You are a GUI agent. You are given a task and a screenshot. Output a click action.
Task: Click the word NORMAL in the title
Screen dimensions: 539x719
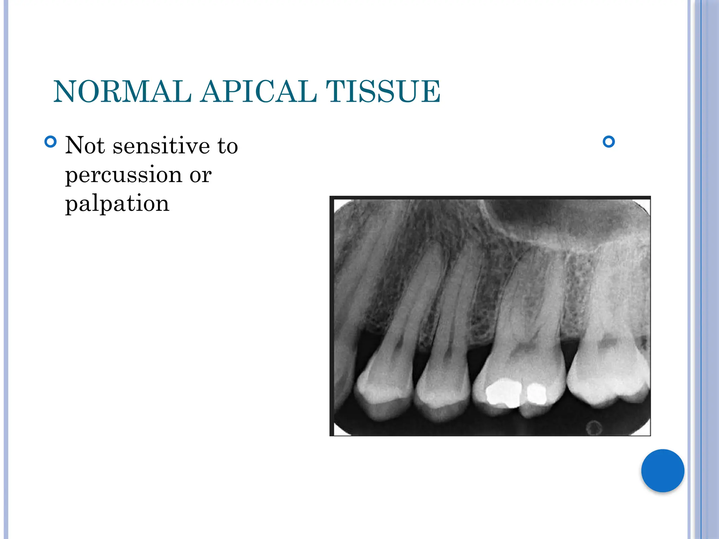point(123,92)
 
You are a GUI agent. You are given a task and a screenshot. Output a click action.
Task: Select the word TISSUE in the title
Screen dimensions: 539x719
point(383,92)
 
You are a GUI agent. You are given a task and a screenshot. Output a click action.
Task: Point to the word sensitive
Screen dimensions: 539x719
point(161,146)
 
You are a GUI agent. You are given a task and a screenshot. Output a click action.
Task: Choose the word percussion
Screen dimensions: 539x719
point(123,175)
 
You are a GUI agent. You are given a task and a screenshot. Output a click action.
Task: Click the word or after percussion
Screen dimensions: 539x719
point(200,175)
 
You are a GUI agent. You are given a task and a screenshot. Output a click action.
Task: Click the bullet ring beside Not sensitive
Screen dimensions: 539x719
point(51,142)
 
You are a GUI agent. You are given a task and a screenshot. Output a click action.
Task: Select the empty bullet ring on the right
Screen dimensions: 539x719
point(608,142)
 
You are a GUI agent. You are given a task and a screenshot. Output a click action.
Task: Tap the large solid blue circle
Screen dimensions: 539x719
point(662,471)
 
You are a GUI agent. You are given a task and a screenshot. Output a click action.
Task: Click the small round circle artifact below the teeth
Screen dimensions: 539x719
point(594,427)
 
